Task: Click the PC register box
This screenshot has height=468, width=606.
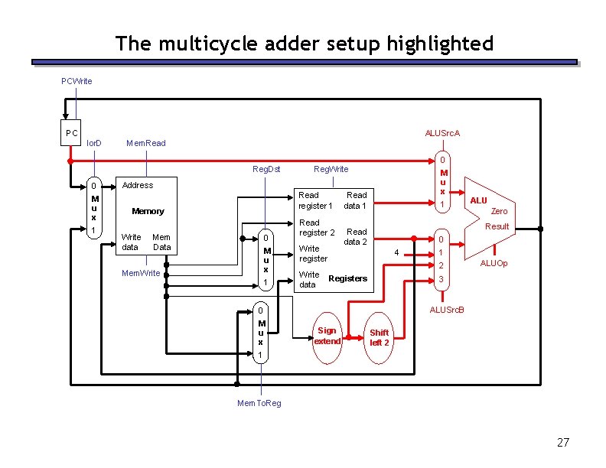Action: pos(72,133)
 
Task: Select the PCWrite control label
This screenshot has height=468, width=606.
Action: pos(77,81)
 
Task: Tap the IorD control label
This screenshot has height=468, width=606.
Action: pos(94,143)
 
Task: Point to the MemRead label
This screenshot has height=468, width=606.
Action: pos(145,143)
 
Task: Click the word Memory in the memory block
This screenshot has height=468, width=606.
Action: pos(148,211)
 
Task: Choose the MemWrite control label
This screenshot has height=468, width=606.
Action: pos(142,273)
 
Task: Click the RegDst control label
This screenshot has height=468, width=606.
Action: pos(266,169)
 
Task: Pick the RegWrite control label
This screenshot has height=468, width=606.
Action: pos(331,169)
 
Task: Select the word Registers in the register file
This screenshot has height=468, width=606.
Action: pos(347,278)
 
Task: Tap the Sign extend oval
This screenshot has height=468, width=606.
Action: pos(327,336)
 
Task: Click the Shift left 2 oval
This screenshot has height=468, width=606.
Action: pos(380,337)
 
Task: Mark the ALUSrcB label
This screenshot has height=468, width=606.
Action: pos(448,310)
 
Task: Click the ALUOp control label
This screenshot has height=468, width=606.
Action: pos(494,264)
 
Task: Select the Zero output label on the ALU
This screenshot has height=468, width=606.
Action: pos(499,211)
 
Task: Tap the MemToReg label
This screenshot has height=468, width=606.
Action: pos(260,403)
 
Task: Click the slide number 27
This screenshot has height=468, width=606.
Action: pos(563,443)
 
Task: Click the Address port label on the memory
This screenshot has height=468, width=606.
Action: pos(138,185)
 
